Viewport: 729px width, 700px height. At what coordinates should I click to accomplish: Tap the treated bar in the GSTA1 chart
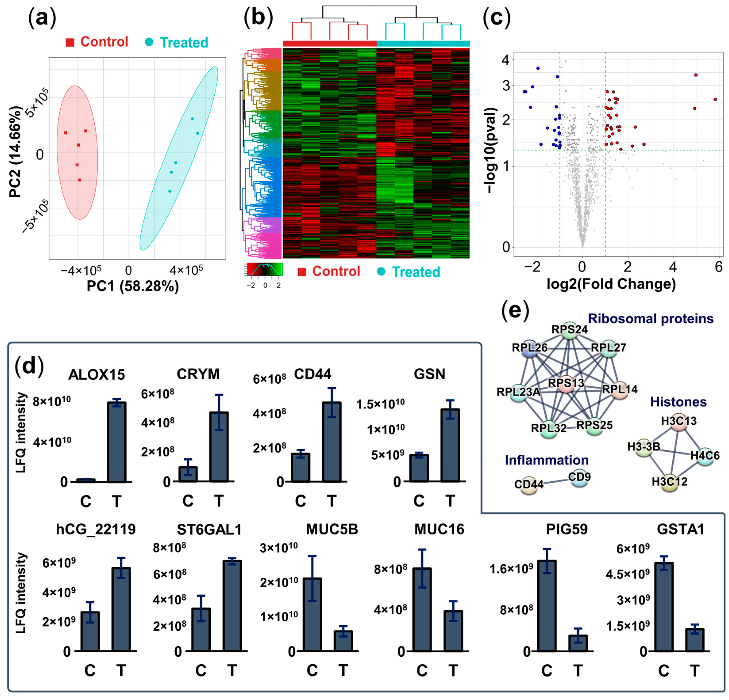coord(694,640)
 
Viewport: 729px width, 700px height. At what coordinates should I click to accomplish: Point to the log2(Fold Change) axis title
coord(611,284)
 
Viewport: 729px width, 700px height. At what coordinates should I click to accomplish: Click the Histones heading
coord(678,402)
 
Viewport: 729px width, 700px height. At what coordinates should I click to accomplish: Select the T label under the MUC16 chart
coord(453,671)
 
